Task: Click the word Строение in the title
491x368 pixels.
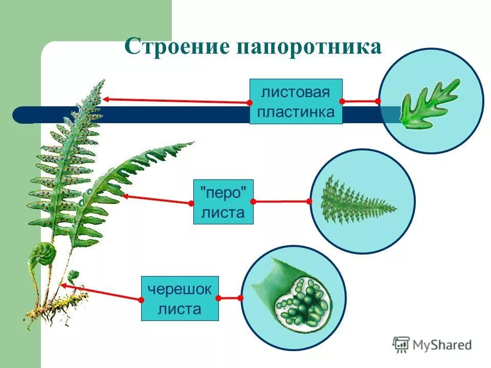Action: click(176, 47)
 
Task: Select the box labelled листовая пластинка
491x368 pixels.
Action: click(296, 101)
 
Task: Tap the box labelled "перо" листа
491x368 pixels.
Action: click(224, 201)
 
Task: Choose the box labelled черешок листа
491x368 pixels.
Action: click(180, 298)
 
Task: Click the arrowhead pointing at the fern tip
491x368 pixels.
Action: click(104, 99)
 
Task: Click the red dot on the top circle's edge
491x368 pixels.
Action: click(378, 101)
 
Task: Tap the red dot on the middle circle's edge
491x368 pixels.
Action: click(309, 201)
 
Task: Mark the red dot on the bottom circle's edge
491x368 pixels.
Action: click(241, 298)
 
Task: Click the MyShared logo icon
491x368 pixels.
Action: click(401, 344)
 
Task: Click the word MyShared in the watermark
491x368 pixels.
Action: click(442, 345)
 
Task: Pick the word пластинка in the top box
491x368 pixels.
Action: click(296, 112)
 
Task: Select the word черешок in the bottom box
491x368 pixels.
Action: click(180, 289)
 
